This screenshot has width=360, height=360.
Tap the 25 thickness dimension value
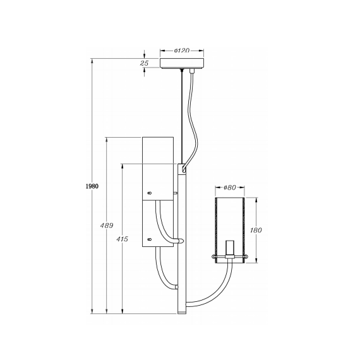pyautogui.click(x=145, y=63)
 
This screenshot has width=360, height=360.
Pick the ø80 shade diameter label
pyautogui.click(x=229, y=188)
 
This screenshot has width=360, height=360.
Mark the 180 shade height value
pyautogui.click(x=256, y=231)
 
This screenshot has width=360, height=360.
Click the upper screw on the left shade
pyautogui.click(x=149, y=193)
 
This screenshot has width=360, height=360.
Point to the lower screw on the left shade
pyautogui.click(x=149, y=239)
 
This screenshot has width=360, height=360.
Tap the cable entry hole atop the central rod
pyautogui.click(x=183, y=169)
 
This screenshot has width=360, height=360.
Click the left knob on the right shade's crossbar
pyautogui.click(x=212, y=257)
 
